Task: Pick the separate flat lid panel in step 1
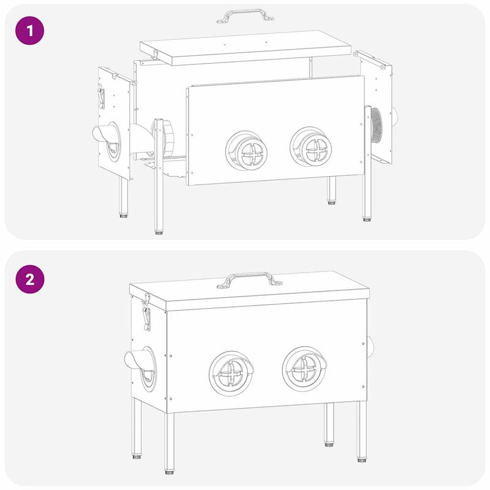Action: pyautogui.click(x=245, y=48)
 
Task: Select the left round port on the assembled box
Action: pyautogui.click(x=231, y=372)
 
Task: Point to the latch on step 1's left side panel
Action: pyautogui.click(x=101, y=97)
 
